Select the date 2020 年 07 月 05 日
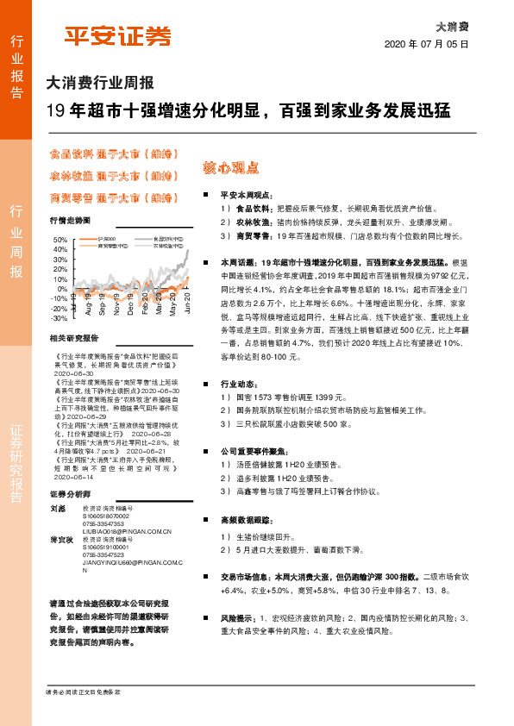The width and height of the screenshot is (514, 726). pyautogui.click(x=426, y=43)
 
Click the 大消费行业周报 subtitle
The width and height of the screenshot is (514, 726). pyautogui.click(x=100, y=84)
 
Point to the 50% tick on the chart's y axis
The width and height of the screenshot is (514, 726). pyautogui.click(x=61, y=240)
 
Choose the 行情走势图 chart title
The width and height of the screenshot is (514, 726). pyautogui.click(x=71, y=221)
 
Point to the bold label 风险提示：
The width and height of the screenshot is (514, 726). pyautogui.click(x=241, y=618)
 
